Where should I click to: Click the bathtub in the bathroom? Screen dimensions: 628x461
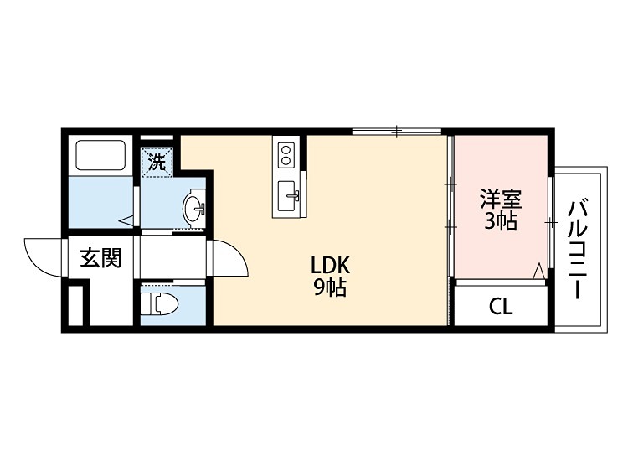100,155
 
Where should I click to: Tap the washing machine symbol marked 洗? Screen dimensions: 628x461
157,162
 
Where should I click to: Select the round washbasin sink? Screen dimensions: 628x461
194,208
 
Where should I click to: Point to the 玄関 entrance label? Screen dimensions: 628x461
100,258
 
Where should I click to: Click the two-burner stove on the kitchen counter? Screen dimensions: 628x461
286,155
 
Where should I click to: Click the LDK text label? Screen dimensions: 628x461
331,265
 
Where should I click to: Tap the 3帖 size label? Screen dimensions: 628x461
501,221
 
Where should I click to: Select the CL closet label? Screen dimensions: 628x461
501,307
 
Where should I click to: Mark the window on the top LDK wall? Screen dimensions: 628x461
397,131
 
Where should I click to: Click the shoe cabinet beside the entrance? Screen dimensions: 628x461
75,305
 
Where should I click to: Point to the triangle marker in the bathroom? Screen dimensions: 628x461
127,221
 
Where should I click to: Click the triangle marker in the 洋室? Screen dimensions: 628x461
538,272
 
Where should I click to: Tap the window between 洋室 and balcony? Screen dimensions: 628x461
552,221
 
